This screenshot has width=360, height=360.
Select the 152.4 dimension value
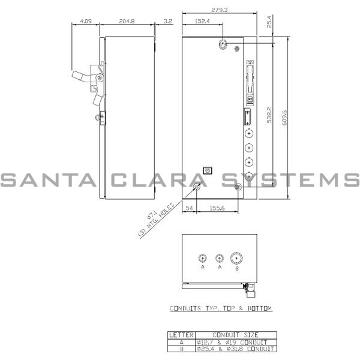click(203, 22)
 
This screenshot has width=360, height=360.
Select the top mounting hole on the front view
click(224, 44)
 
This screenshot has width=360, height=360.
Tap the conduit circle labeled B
click(237, 259)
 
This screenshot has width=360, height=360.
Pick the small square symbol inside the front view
click(208, 170)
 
